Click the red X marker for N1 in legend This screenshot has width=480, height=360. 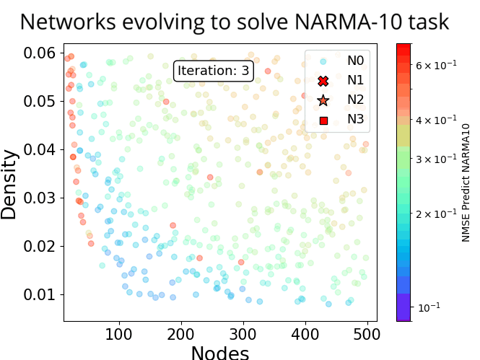pyautogui.click(x=323, y=81)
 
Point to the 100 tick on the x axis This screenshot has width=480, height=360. pyautogui.click(x=118, y=335)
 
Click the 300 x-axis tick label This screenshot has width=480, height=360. pyautogui.click(x=243, y=335)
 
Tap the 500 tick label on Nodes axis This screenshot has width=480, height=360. pyautogui.click(x=367, y=335)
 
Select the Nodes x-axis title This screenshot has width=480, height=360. pyautogui.click(x=219, y=352)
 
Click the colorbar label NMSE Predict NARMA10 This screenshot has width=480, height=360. pyautogui.click(x=466, y=182)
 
